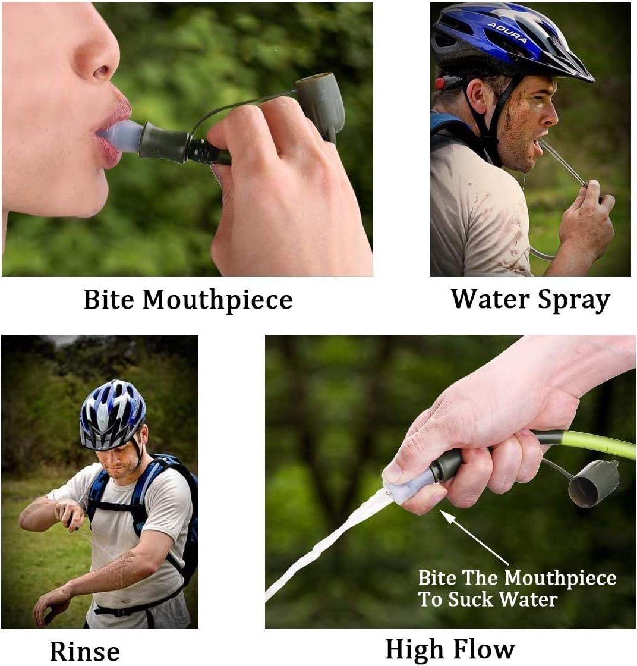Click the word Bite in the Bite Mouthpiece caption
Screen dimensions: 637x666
pyautogui.click(x=109, y=300)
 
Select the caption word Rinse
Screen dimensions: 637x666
pyautogui.click(x=85, y=651)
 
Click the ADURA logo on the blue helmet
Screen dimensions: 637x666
pyautogui.click(x=507, y=33)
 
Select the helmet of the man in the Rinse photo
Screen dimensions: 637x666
pyautogui.click(x=112, y=414)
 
